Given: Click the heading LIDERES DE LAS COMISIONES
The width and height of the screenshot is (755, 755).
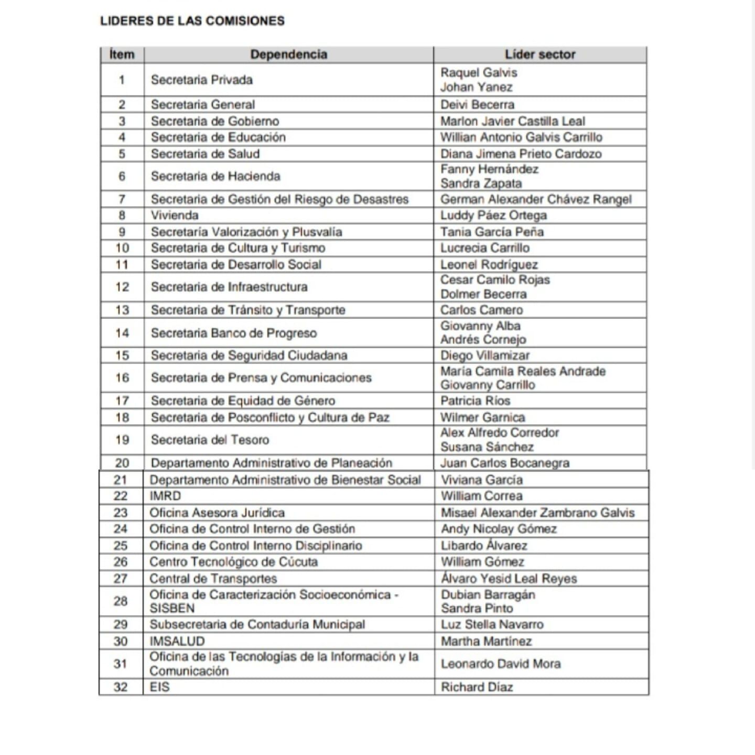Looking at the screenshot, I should tap(192, 21).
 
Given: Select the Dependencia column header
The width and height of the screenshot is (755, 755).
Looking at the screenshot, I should tap(288, 55).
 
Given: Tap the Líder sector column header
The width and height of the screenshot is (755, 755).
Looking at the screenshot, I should tap(540, 55).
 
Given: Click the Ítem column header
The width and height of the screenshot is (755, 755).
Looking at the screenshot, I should tap(122, 55).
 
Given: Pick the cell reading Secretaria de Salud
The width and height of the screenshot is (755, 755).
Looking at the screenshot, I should tap(205, 154).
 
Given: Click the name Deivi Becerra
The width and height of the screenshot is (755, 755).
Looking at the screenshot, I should tap(477, 104).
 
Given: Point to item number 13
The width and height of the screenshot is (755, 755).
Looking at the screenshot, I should tap(122, 310).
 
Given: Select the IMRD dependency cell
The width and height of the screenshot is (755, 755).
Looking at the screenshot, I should tap(165, 496).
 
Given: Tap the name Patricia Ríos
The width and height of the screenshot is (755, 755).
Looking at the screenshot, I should tap(475, 401).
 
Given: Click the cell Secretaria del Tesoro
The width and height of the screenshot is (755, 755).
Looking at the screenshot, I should tap(210, 440).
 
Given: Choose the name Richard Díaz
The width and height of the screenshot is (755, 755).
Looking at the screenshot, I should tap(477, 687).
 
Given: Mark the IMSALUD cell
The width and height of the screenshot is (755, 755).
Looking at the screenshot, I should tap(177, 641).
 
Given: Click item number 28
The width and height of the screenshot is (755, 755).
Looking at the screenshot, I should tap(121, 601).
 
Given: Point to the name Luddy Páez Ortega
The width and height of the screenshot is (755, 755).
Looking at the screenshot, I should tap(493, 215).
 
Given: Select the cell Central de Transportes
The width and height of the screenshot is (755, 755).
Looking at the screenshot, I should tap(213, 579).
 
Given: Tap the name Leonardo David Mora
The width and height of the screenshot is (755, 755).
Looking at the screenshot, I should tap(501, 664).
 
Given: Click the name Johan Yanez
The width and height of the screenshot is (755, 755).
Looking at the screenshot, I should tap(476, 87).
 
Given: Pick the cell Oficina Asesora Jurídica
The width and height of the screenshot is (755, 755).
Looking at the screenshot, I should tap(217, 513).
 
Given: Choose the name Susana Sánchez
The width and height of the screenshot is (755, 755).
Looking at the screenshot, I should tap(487, 447).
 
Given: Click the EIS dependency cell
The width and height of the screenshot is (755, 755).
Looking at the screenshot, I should tap(159, 687).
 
